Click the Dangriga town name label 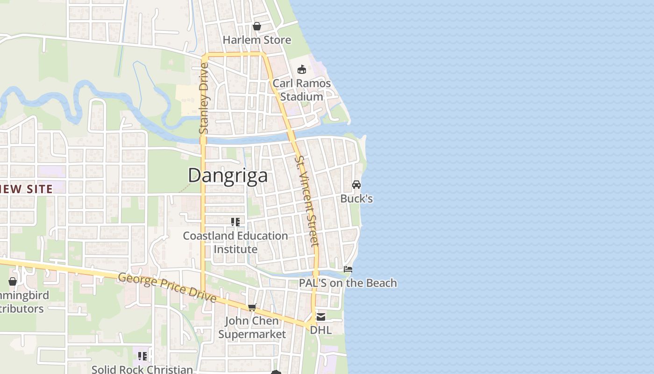coord(228,175)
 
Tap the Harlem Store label coord(257,40)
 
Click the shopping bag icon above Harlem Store coord(256,26)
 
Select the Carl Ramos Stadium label coord(301,90)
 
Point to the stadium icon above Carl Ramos coord(302,70)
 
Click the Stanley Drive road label coord(204,98)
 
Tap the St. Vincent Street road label coord(307,201)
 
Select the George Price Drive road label coord(167,287)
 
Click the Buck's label coord(356,199)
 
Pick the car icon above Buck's coord(356,185)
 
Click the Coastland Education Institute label coord(235,242)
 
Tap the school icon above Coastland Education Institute coord(235,222)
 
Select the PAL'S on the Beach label coord(348,283)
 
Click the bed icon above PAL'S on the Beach coord(348,269)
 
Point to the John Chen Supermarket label coord(252,327)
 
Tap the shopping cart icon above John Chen coord(252,307)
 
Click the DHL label coord(321,330)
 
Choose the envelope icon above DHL coord(321,317)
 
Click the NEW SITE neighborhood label coord(26,189)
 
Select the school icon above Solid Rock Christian coord(142,356)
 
